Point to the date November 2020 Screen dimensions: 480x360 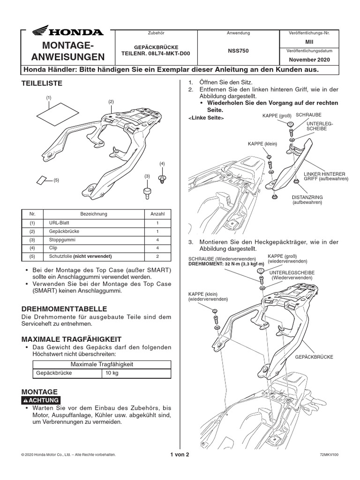(309, 60)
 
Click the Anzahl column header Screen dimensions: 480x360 (157, 214)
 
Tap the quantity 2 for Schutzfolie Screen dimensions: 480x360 (157, 256)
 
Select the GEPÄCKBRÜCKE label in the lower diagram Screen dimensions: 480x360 (314, 357)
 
